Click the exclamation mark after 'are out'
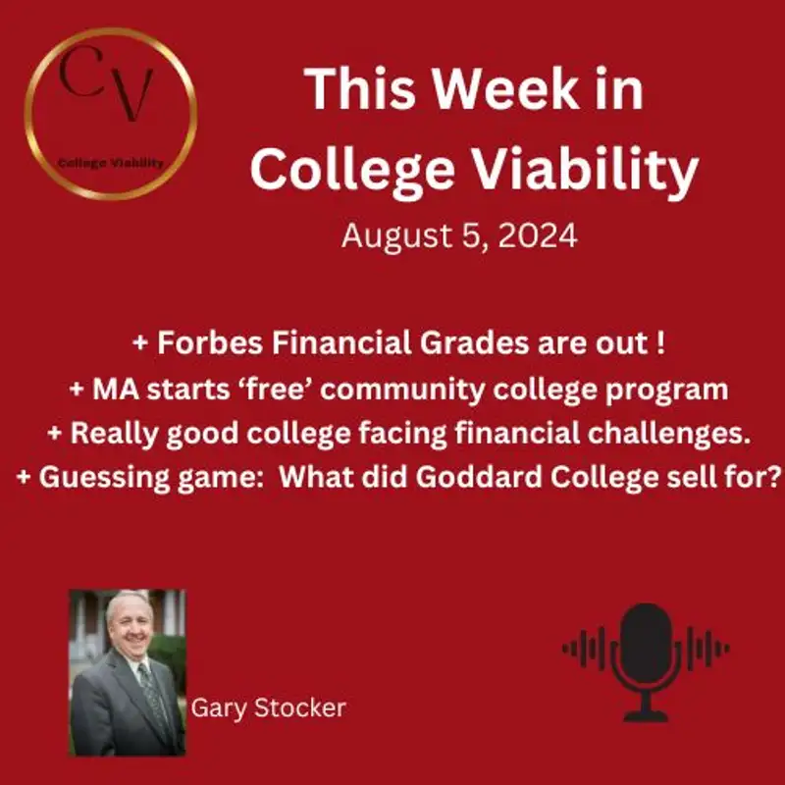[x=645, y=345]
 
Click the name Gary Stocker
[x=269, y=706]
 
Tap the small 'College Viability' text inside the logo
[x=110, y=164]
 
